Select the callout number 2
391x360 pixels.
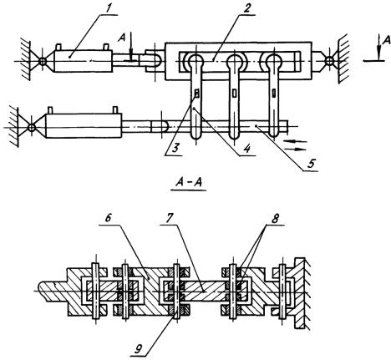(x=246, y=9)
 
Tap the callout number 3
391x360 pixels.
(x=175, y=148)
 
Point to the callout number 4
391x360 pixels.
(x=246, y=149)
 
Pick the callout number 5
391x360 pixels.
(x=311, y=164)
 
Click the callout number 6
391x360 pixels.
(x=108, y=218)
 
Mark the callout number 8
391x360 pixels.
(x=275, y=219)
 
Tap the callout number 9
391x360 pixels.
(x=139, y=349)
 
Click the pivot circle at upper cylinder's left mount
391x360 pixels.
(x=42, y=61)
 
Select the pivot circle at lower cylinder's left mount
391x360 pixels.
(x=32, y=128)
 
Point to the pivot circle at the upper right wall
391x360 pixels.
(x=329, y=60)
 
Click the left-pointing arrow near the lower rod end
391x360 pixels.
(x=295, y=141)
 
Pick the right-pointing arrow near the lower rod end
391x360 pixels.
(x=296, y=149)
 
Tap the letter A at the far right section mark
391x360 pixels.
(x=387, y=40)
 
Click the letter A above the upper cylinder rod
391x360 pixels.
(x=121, y=38)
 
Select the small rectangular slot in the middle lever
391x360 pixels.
(x=235, y=94)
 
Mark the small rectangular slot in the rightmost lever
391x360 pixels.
(x=274, y=93)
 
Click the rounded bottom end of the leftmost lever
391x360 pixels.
(x=196, y=134)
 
